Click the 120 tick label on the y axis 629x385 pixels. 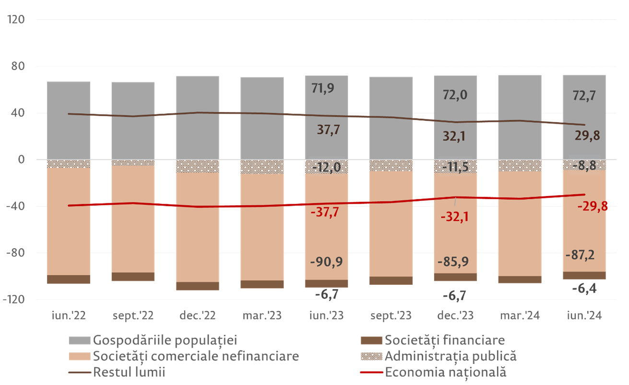pos(16,20)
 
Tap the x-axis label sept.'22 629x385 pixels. pos(133,316)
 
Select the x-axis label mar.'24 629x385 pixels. pos(520,316)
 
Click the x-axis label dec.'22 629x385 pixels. pos(197,316)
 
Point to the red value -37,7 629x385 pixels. pos(324,212)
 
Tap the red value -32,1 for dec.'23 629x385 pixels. pos(455,216)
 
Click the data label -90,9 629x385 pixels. pos(326,262)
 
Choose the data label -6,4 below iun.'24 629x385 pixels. pos(584,289)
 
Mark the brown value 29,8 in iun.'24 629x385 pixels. pos(588,136)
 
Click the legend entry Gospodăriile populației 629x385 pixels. pos(165,340)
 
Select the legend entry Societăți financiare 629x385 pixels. pos(444,340)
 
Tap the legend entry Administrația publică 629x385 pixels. pos(450,356)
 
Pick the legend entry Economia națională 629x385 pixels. pos(445,372)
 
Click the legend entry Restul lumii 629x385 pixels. pos(129,372)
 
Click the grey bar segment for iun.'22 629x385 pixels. pos(69,120)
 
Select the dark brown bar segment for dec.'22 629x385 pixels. pos(197,286)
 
